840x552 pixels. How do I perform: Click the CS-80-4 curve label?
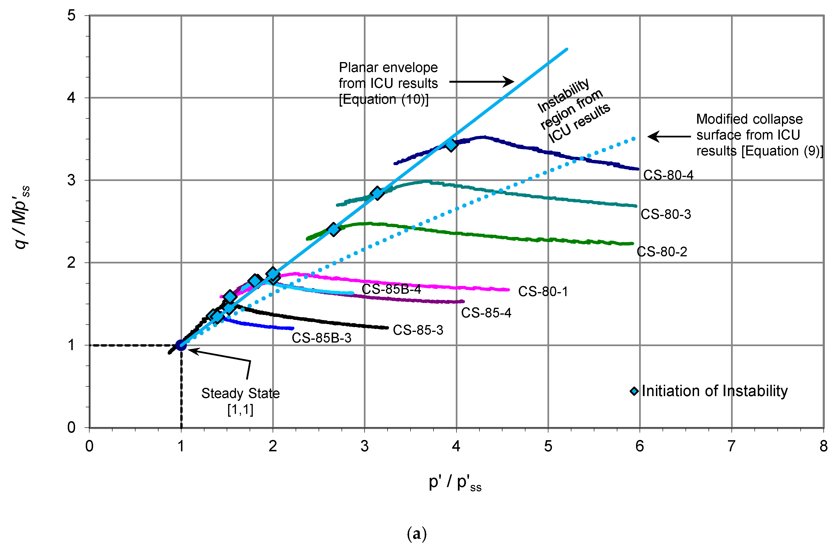pyautogui.click(x=668, y=175)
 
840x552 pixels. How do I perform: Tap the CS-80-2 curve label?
pyautogui.click(x=662, y=252)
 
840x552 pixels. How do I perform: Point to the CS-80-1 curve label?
pyautogui.click(x=543, y=292)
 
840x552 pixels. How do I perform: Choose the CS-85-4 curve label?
pyautogui.click(x=486, y=313)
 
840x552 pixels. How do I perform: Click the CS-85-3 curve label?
pyautogui.click(x=418, y=330)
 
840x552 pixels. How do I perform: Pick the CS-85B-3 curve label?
pyautogui.click(x=321, y=338)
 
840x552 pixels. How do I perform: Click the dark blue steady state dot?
pyautogui.click(x=181, y=345)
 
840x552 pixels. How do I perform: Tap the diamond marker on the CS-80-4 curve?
pyautogui.click(x=451, y=144)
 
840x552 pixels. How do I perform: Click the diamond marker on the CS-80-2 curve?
pyautogui.click(x=333, y=229)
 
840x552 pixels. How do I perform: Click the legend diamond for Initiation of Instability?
pyautogui.click(x=634, y=391)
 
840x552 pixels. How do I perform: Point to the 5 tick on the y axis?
pyautogui.click(x=71, y=16)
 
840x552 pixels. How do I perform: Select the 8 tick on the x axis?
pyautogui.click(x=823, y=447)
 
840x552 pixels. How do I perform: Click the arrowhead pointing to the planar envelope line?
pyautogui.click(x=509, y=82)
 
